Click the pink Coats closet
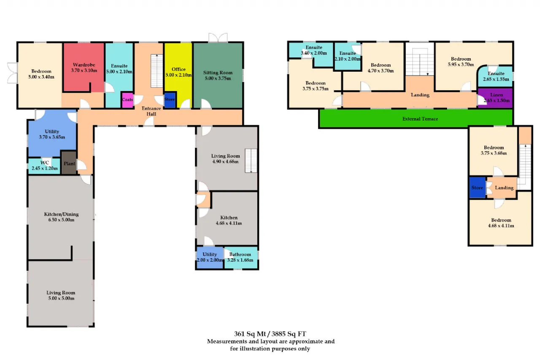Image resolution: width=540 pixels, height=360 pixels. tap(127, 100)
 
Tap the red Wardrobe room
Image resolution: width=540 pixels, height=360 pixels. tap(84, 67)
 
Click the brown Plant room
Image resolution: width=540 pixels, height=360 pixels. tap(69, 163)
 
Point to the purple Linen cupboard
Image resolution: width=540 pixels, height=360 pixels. tap(495, 98)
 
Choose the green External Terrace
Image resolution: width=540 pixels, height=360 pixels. tap(416, 119)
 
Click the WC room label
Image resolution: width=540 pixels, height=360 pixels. tap(45, 162)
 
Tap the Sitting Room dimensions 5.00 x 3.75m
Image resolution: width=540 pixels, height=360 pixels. tap(218, 78)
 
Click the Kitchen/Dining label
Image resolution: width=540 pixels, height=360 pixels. tap(61, 214)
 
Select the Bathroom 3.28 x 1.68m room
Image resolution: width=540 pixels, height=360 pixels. tap(240, 257)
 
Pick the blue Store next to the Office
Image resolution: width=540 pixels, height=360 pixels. tap(170, 100)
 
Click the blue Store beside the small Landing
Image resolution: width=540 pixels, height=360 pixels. tap(477, 187)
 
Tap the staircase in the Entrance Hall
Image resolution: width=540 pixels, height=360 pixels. tap(157, 71)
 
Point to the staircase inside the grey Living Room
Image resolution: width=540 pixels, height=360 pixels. tap(251, 161)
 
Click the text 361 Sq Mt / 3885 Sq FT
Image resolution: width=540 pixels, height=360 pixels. tap(270, 334)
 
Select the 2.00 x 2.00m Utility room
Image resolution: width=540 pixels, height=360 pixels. tap(210, 257)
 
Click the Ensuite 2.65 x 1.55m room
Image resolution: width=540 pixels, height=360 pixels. tap(496, 76)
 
